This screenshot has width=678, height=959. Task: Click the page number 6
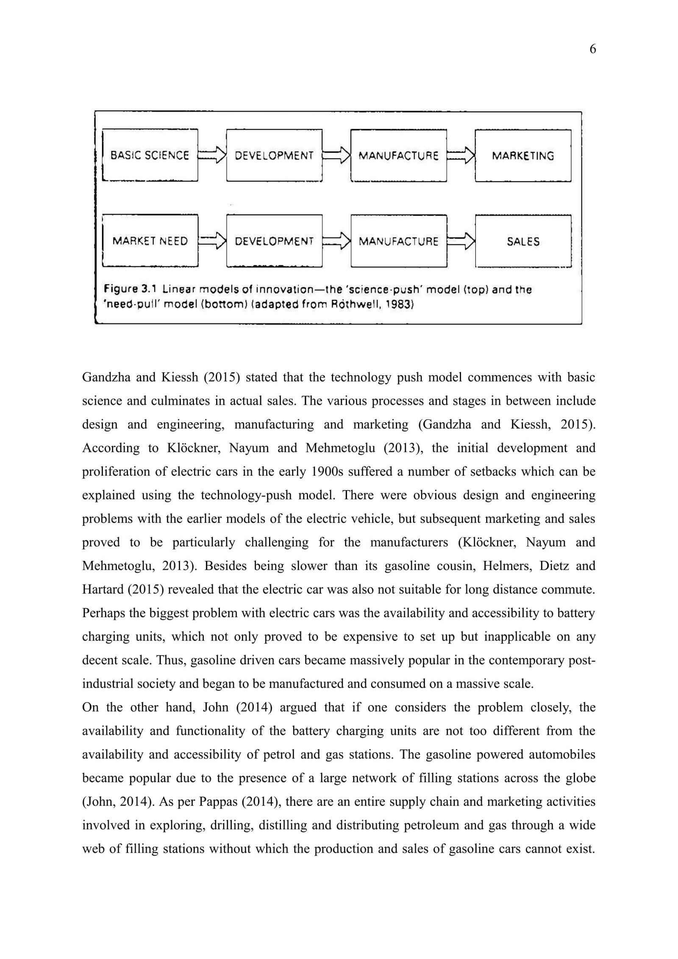coord(592,50)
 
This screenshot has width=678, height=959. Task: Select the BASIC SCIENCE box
coord(150,155)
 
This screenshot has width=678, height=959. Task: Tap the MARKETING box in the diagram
coord(523,155)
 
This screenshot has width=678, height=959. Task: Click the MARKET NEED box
coord(150,241)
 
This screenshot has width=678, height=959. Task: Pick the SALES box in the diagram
coord(523,241)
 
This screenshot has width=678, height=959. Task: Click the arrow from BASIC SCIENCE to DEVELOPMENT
coord(212,155)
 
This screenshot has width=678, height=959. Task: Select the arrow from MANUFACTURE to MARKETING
coord(461,155)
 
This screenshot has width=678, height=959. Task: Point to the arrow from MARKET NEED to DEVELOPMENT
coord(212,241)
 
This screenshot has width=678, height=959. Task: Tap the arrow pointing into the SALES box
coord(461,241)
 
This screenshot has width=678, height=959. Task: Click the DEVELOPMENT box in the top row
coord(274,155)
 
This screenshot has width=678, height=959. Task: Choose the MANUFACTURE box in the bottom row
coord(398,241)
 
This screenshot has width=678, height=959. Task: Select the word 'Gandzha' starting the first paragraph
coord(104,377)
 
